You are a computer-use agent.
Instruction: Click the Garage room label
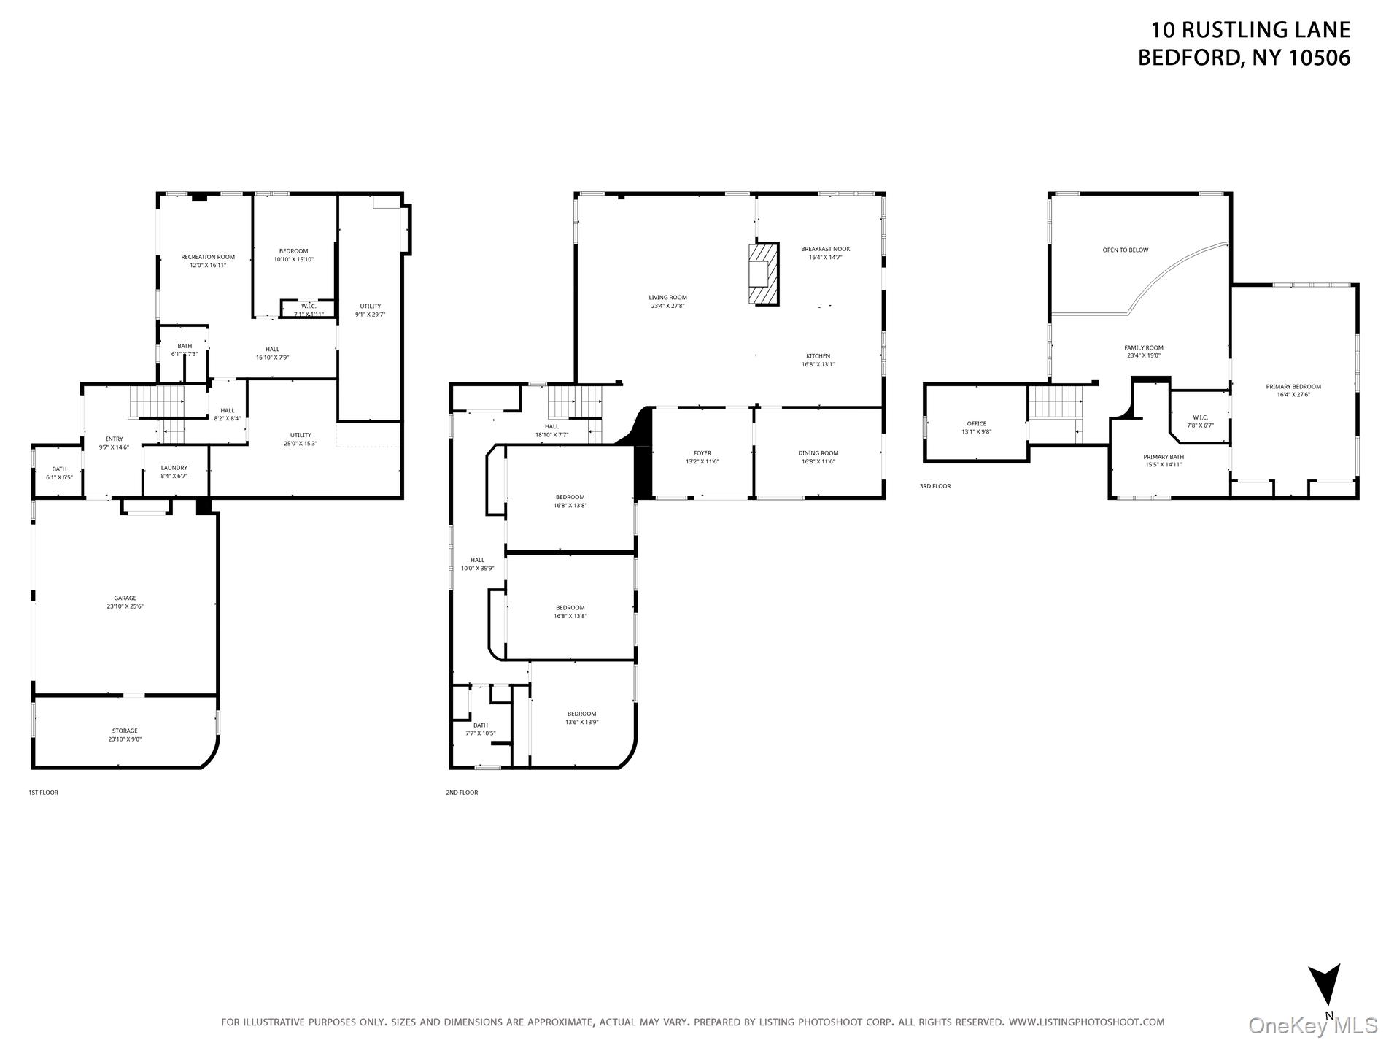[x=125, y=598]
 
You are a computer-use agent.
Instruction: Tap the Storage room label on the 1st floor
[x=125, y=731]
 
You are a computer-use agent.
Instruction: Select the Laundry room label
[x=174, y=468]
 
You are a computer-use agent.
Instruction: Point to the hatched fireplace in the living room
[x=763, y=274]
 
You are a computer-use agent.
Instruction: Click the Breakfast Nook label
[x=825, y=249]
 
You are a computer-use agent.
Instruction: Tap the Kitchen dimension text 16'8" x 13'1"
[x=818, y=364]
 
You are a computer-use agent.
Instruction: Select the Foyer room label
[x=702, y=453]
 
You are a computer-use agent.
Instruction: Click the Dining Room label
[x=818, y=453]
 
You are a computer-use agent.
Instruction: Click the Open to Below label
[x=1125, y=250]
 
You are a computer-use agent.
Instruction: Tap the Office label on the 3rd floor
[x=976, y=423]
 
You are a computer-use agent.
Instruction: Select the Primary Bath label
[x=1163, y=457]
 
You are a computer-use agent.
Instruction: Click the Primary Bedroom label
[x=1293, y=387]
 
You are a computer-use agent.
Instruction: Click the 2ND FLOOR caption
[x=462, y=793]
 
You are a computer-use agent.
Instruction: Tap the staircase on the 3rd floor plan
[x=1054, y=403]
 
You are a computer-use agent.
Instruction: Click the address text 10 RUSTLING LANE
[x=1250, y=30]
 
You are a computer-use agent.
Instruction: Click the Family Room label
[x=1143, y=348]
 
